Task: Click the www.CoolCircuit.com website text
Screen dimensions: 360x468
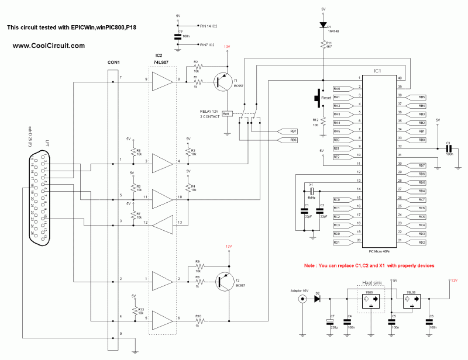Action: click(49, 46)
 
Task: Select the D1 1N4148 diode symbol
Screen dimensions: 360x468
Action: click(322, 26)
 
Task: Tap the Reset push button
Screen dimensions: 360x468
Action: click(319, 98)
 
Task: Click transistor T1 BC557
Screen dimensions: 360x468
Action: click(222, 82)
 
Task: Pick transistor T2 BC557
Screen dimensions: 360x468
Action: click(222, 281)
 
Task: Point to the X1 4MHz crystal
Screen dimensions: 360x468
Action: click(312, 192)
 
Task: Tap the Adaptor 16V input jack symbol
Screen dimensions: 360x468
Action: click(302, 299)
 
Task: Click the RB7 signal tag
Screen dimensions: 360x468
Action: click(285, 131)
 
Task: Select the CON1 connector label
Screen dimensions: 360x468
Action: click(113, 63)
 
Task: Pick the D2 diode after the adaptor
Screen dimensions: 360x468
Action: click(316, 299)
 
